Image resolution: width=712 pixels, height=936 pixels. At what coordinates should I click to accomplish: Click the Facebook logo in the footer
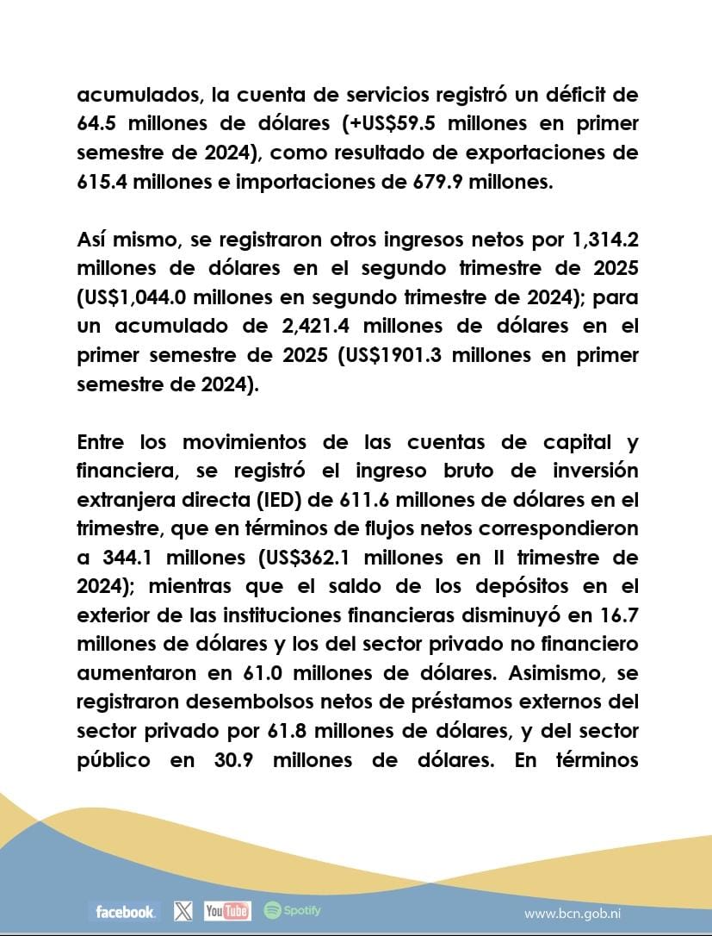[x=126, y=911]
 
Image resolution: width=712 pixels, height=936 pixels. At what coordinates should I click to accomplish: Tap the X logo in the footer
[x=183, y=910]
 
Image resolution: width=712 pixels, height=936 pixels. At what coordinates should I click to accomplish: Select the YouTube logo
[x=227, y=910]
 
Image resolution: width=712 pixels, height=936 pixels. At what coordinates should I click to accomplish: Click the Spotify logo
[x=293, y=910]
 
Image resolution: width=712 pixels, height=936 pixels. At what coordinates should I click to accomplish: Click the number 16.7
[x=615, y=615]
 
